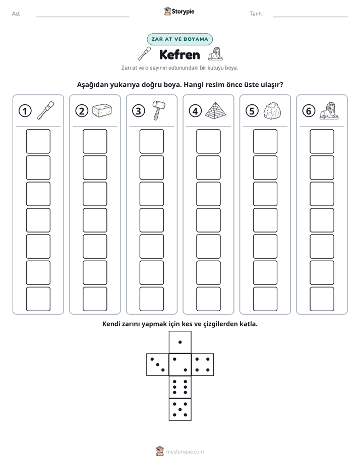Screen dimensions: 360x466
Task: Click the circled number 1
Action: tap(25, 111)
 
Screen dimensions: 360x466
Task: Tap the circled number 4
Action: tap(195, 111)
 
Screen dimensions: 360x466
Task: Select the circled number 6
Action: tap(309, 111)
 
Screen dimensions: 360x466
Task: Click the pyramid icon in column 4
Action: tap(215, 111)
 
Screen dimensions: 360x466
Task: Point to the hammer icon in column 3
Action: tap(159, 110)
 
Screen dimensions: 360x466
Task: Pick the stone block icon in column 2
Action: tap(102, 110)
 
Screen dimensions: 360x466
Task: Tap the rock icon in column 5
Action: tap(272, 111)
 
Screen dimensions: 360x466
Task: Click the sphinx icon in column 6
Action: tap(329, 111)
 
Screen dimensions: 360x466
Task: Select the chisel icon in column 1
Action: tap(45, 110)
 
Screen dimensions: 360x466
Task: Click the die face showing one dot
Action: tap(180, 342)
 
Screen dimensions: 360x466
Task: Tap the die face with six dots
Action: tap(180, 387)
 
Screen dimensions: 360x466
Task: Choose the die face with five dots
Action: tap(180, 409)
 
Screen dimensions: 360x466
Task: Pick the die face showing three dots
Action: tap(158, 364)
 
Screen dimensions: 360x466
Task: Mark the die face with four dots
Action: tap(203, 364)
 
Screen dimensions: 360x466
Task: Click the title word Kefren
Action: tap(179, 54)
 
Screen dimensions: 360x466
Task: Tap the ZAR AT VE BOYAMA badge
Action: tap(179, 39)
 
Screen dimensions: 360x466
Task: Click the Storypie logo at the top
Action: tap(179, 12)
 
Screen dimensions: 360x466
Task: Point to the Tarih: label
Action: tap(256, 14)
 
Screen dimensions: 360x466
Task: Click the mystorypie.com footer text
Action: tap(185, 452)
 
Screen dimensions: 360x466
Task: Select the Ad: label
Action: tap(16, 14)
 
